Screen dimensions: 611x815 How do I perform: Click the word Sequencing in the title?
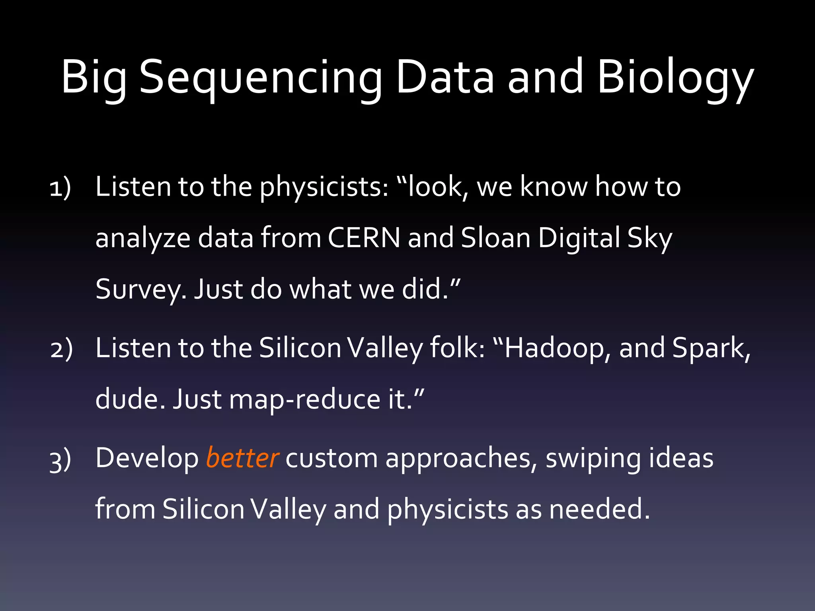pyautogui.click(x=261, y=78)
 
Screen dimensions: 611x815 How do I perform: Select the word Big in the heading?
pyautogui.click(x=94, y=78)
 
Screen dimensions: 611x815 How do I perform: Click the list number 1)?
pyautogui.click(x=60, y=187)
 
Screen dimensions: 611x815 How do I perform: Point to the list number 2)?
pyautogui.click(x=61, y=349)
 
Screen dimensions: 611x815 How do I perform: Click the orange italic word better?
pyautogui.click(x=242, y=458)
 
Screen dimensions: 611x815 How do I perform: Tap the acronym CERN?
pyautogui.click(x=364, y=238)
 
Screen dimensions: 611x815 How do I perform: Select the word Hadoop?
pyautogui.click(x=554, y=348)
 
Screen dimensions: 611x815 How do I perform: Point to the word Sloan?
pyautogui.click(x=495, y=238)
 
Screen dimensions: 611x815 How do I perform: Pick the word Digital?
pyautogui.click(x=579, y=239)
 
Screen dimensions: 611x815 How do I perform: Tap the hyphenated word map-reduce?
pyautogui.click(x=305, y=399)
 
